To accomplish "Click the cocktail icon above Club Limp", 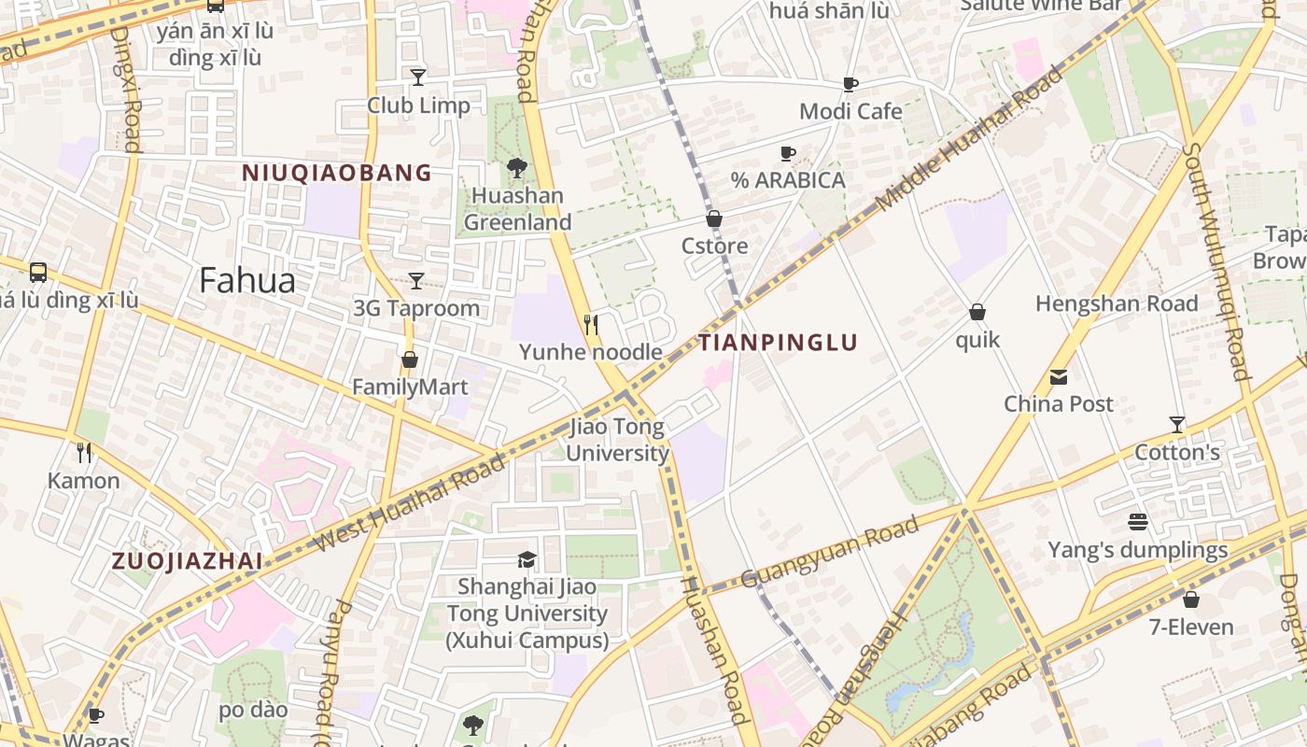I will click(x=418, y=77).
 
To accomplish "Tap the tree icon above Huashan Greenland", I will click(x=516, y=168).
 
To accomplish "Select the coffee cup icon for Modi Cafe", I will click(x=850, y=85).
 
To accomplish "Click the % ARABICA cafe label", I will click(x=788, y=180).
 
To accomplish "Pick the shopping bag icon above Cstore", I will click(x=714, y=219).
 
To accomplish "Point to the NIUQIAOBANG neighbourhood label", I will click(x=337, y=173).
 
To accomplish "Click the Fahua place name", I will click(x=247, y=280).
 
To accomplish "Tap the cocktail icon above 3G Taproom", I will click(x=416, y=280).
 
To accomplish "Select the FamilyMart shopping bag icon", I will click(x=409, y=359).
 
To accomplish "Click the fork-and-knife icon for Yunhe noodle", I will click(x=590, y=324).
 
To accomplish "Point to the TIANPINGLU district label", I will click(x=778, y=343).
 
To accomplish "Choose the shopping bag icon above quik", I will click(x=977, y=312).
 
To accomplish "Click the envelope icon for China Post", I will click(x=1059, y=377).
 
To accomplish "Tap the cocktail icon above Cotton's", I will click(x=1177, y=425).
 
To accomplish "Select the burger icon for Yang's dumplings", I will click(x=1137, y=522).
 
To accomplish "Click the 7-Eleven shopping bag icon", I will click(x=1190, y=599).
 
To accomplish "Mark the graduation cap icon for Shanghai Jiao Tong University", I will click(x=527, y=559).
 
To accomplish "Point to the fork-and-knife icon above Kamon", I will click(x=85, y=453).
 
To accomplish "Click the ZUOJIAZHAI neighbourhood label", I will click(x=187, y=561).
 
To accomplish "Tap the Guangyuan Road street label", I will click(x=830, y=553).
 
